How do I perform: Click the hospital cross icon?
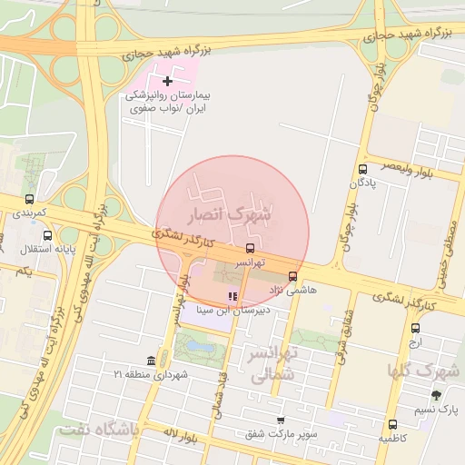point(167,82)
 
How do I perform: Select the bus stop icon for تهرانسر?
point(250,248)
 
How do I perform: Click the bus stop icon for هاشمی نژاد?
point(292,276)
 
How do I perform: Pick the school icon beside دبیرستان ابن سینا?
point(232,296)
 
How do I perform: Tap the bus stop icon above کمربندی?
point(29,200)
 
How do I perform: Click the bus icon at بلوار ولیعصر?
point(363,169)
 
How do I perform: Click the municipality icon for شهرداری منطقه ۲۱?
point(163,361)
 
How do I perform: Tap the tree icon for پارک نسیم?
point(437,395)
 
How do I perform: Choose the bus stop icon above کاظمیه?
point(392,424)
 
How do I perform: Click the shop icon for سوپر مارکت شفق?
point(281,420)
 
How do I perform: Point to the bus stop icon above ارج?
point(415,329)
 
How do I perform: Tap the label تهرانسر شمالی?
point(272,362)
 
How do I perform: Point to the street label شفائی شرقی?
point(347,336)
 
